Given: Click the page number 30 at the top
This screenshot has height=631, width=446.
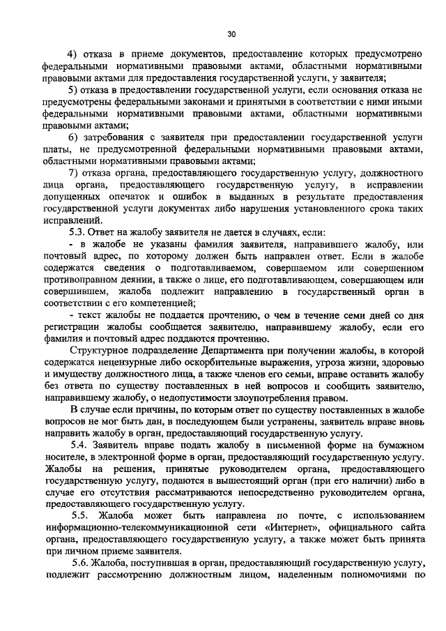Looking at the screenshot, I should pyautogui.click(x=232, y=33).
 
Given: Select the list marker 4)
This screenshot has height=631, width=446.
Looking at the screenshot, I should pyautogui.click(x=72, y=54).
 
